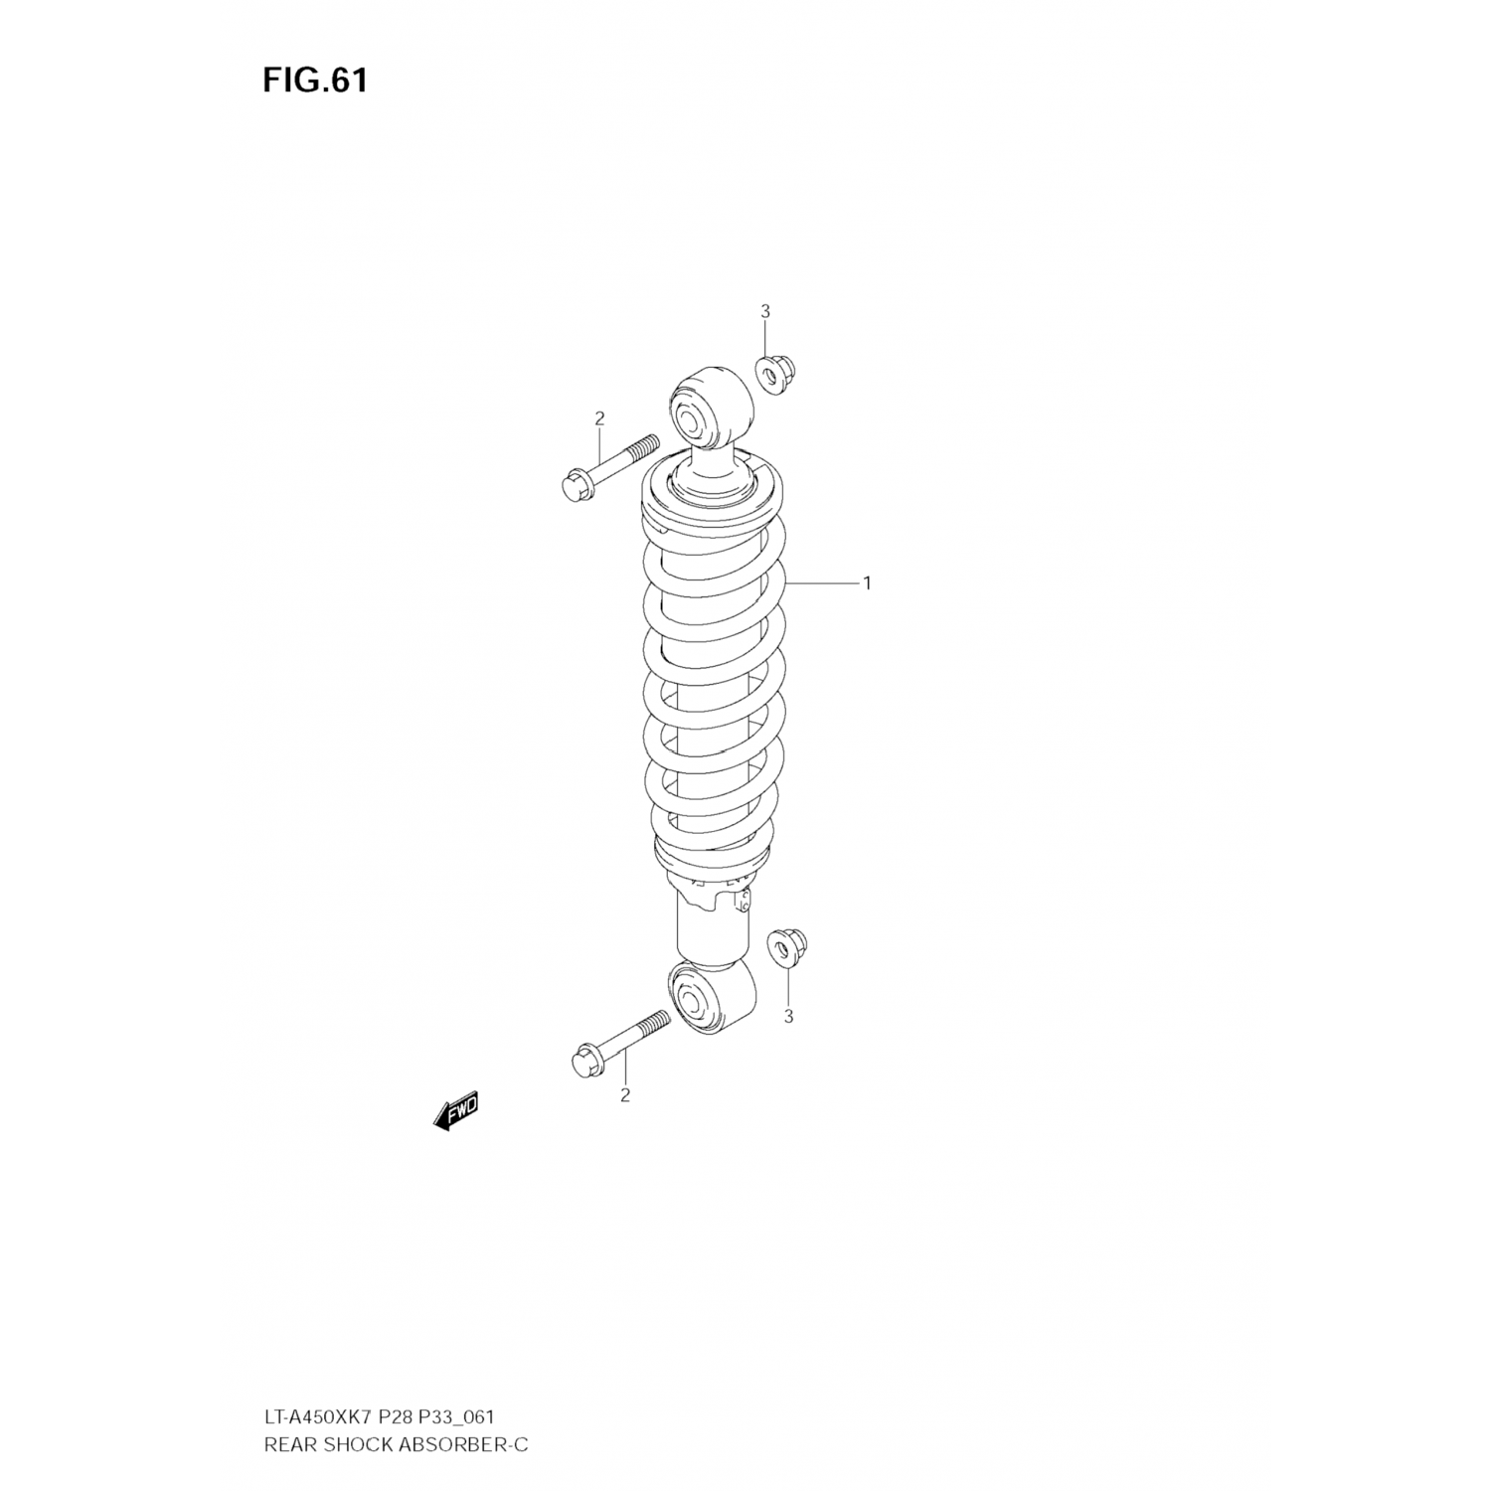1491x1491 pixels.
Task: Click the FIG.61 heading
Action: (x=315, y=81)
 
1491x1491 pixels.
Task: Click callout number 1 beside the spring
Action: (x=867, y=583)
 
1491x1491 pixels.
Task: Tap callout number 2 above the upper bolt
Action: (x=599, y=418)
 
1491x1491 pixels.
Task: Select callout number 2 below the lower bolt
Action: (x=625, y=1095)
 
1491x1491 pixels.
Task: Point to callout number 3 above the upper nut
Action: (x=765, y=311)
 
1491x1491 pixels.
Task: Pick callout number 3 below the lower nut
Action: (x=788, y=1016)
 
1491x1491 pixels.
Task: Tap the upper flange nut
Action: (x=776, y=373)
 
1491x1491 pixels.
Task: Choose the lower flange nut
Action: (x=788, y=947)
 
